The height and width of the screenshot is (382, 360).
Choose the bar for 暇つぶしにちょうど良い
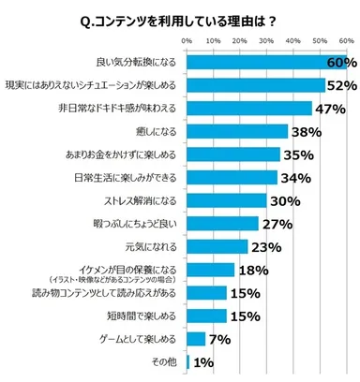(222, 223)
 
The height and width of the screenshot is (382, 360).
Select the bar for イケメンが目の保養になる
(210, 269)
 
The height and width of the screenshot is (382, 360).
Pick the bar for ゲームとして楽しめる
(196, 337)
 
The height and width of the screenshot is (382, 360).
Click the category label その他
(167, 360)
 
